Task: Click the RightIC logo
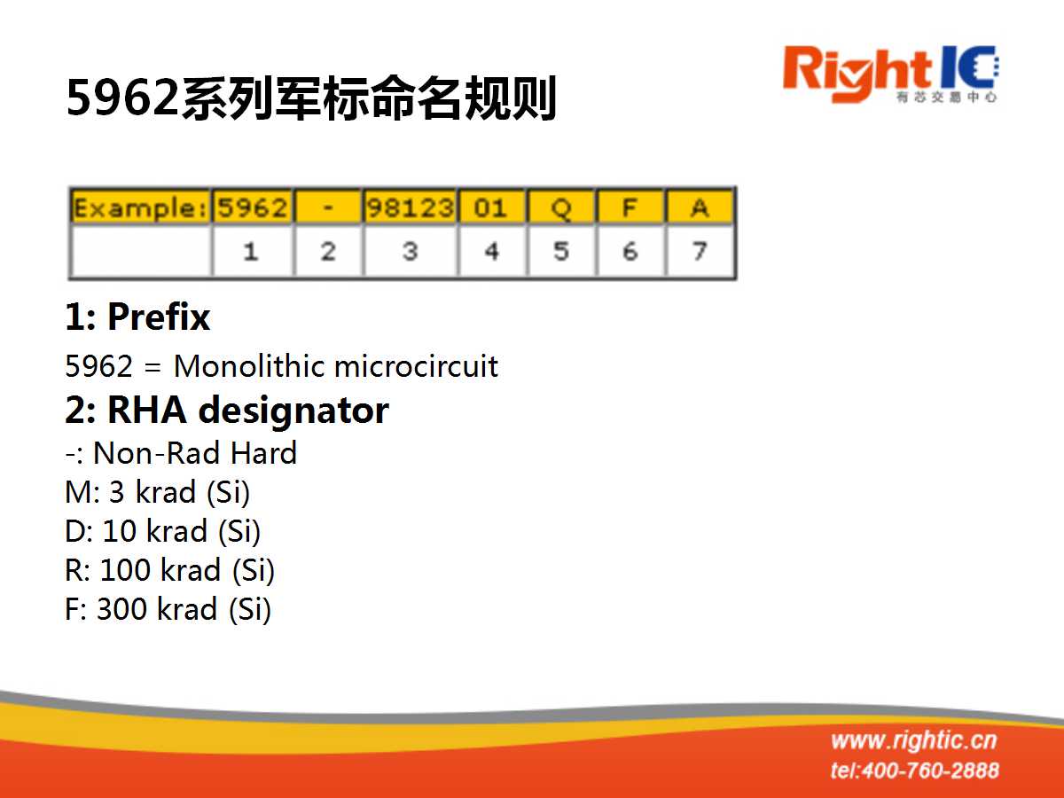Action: (x=890, y=74)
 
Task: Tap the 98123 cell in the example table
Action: (x=411, y=207)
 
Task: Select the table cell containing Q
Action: (x=561, y=207)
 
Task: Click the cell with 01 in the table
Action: (x=491, y=207)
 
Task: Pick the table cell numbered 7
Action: (x=700, y=252)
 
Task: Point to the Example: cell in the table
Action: (x=140, y=207)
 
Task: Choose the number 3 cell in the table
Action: (x=411, y=252)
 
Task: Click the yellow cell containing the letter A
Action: (x=700, y=207)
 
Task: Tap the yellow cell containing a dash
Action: (x=328, y=207)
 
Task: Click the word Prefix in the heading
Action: (x=159, y=317)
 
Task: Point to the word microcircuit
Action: (x=417, y=366)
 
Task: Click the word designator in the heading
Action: (x=293, y=411)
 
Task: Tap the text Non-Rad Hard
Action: (x=195, y=453)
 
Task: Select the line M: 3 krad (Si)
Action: (x=157, y=493)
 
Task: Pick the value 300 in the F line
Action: (x=122, y=609)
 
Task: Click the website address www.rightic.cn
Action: (x=914, y=741)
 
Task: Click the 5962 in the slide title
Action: (x=122, y=98)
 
